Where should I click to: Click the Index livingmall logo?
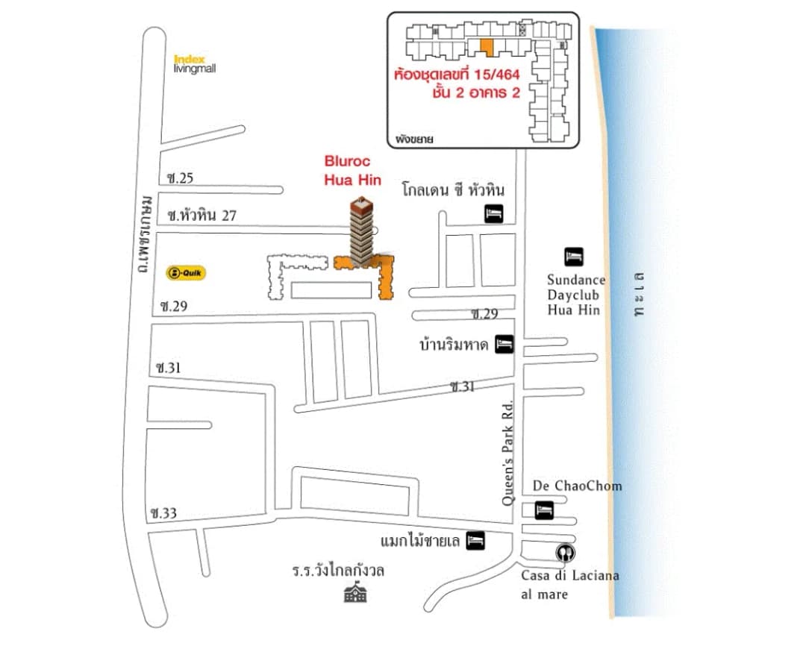(x=195, y=64)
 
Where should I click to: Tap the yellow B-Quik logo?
(x=186, y=273)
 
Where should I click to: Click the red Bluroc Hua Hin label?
(x=352, y=171)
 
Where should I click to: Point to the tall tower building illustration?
(x=363, y=231)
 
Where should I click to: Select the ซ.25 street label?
(x=180, y=178)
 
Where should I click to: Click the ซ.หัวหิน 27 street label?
(x=202, y=216)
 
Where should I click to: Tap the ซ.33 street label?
(x=163, y=513)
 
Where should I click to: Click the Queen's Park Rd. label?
(x=508, y=452)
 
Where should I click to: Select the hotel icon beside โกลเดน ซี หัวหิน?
(x=494, y=213)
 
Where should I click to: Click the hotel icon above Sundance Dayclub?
(x=574, y=257)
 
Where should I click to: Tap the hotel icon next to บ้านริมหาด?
(x=504, y=344)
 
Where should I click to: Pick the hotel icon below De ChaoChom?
(x=544, y=510)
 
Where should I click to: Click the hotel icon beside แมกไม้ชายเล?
(x=475, y=541)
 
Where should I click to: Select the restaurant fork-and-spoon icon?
(x=566, y=553)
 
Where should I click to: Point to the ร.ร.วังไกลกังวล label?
(x=338, y=570)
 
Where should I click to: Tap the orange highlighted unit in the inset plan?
(x=487, y=47)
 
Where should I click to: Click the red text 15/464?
(x=497, y=75)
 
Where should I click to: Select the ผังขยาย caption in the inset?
(x=414, y=139)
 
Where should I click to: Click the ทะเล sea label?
(x=639, y=294)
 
